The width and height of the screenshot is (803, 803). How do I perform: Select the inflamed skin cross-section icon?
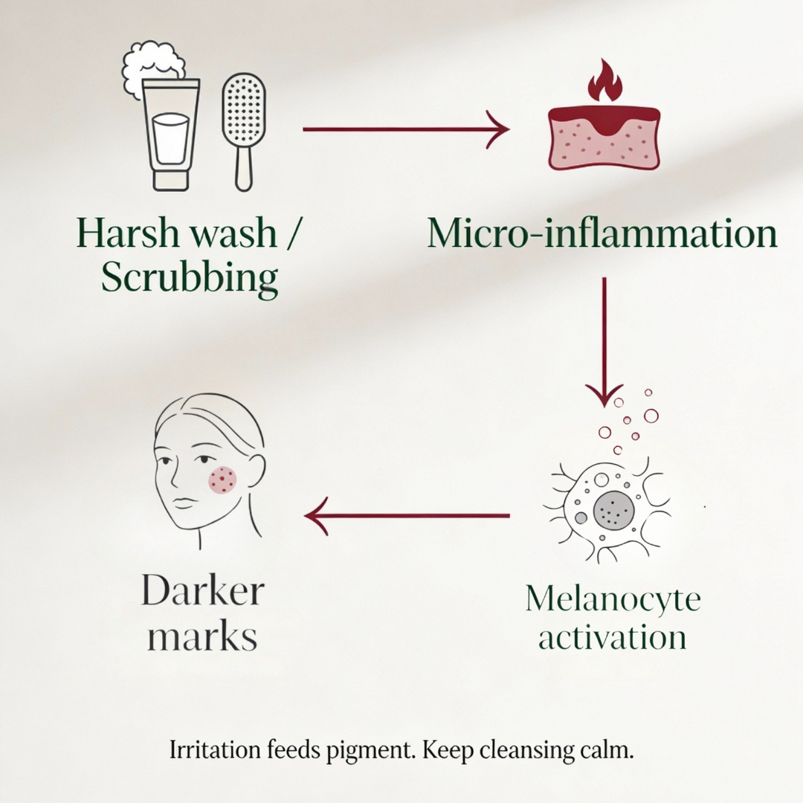tap(604, 138)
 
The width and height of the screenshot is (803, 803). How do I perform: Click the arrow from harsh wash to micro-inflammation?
tap(405, 129)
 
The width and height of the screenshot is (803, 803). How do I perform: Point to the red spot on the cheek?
tap(223, 480)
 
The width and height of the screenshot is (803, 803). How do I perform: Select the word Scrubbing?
tap(190, 278)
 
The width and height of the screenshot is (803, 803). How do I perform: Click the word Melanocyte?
tap(613, 599)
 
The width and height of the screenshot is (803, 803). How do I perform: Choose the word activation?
tap(613, 637)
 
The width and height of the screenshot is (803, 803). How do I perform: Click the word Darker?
tap(202, 593)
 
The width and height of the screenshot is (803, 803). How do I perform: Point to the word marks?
tap(202, 637)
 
